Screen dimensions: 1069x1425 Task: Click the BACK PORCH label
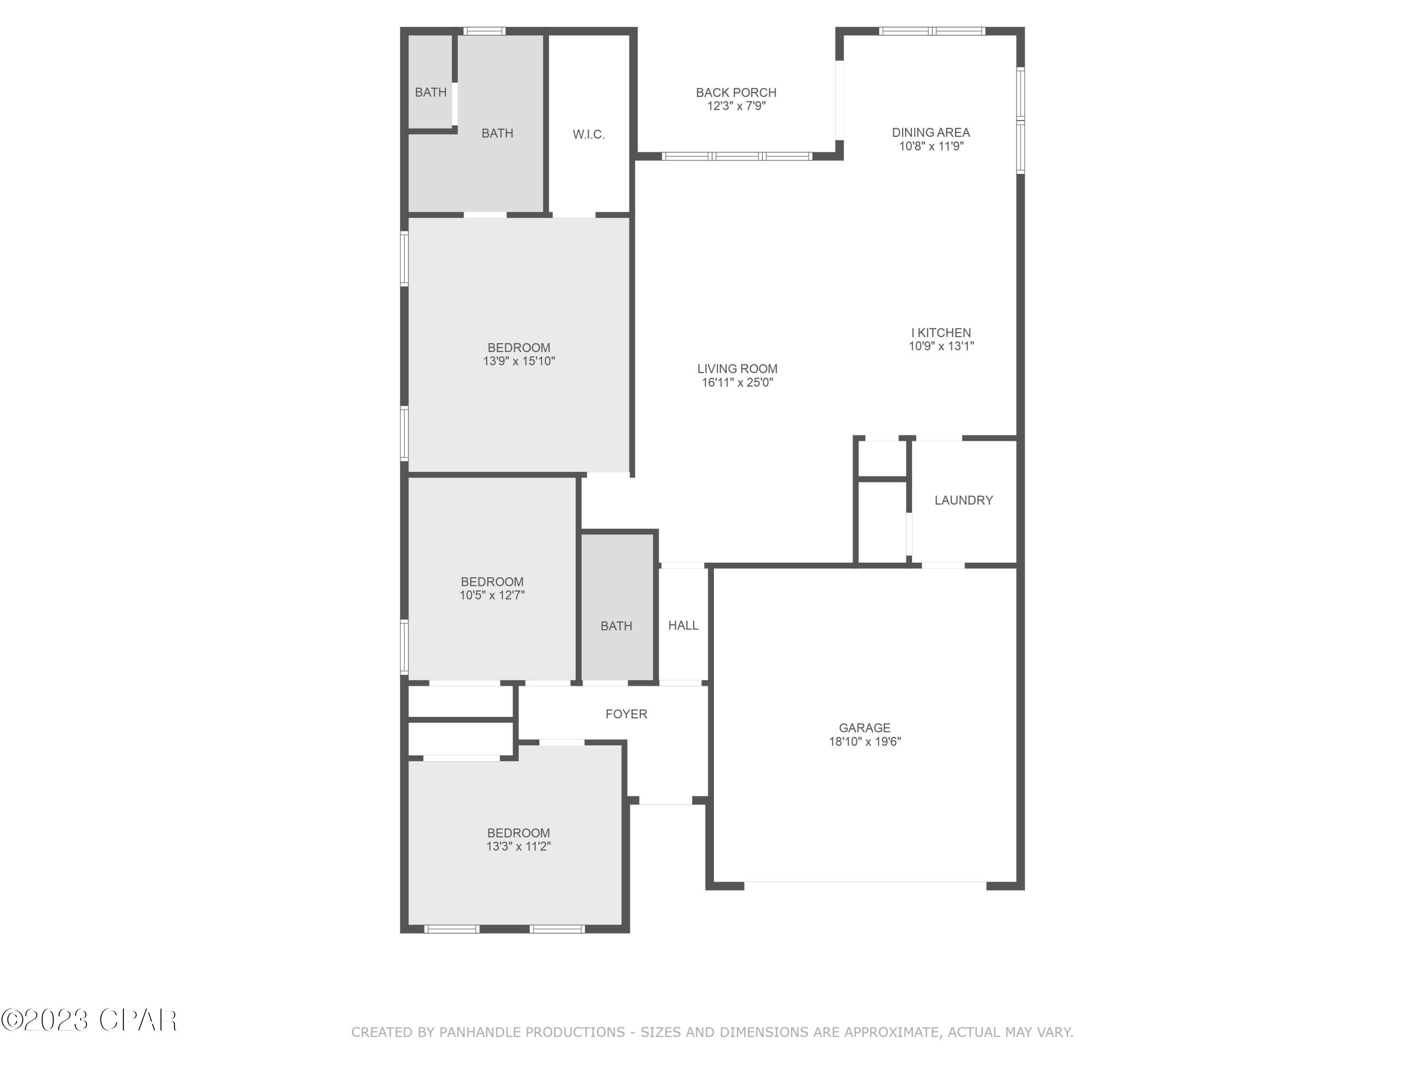pyautogui.click(x=736, y=93)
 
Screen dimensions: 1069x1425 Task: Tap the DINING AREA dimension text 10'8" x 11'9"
pyautogui.click(x=931, y=146)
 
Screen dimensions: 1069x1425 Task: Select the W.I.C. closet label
pyautogui.click(x=588, y=134)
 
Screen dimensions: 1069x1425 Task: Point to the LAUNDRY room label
pyautogui.click(x=963, y=500)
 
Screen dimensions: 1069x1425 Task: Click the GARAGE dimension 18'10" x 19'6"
pyautogui.click(x=864, y=742)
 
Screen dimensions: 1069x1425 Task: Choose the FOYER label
pyautogui.click(x=626, y=714)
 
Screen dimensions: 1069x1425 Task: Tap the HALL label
pyautogui.click(x=683, y=625)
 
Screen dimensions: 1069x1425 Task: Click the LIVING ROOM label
pyautogui.click(x=737, y=369)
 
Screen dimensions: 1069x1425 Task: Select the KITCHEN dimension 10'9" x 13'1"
pyautogui.click(x=940, y=346)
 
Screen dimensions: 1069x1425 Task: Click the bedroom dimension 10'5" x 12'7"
pyautogui.click(x=492, y=595)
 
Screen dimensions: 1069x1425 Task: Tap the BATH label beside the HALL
pyautogui.click(x=616, y=626)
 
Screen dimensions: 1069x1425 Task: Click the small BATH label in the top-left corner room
pyautogui.click(x=430, y=92)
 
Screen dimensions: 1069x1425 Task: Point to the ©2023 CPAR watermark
pyautogui.click(x=89, y=1020)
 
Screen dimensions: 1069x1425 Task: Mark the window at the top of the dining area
pyautogui.click(x=931, y=31)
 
